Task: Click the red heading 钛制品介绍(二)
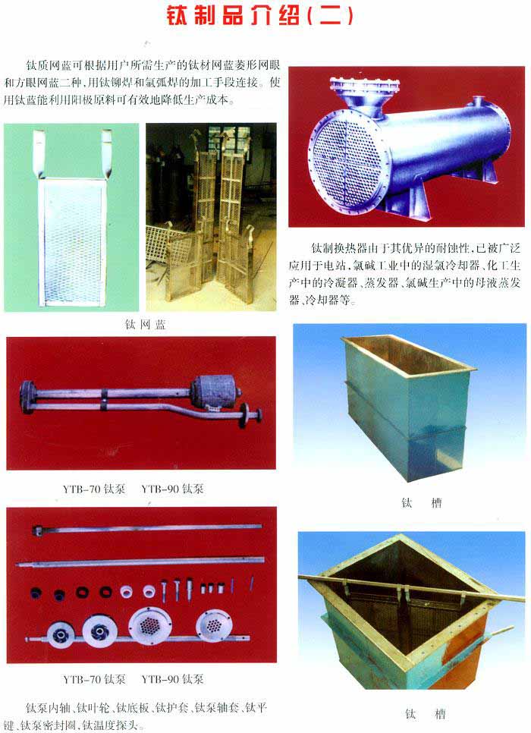(x=260, y=15)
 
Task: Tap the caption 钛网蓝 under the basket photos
(x=146, y=325)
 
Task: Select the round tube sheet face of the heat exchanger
(x=345, y=163)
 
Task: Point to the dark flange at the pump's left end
(x=27, y=397)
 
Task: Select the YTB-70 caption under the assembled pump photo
(x=94, y=489)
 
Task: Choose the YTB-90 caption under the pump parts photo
(x=173, y=679)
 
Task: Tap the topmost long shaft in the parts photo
(x=146, y=529)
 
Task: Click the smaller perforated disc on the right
(x=214, y=625)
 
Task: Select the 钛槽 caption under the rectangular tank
(x=421, y=503)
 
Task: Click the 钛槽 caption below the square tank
(x=425, y=714)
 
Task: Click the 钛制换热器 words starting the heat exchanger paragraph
(x=339, y=248)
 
